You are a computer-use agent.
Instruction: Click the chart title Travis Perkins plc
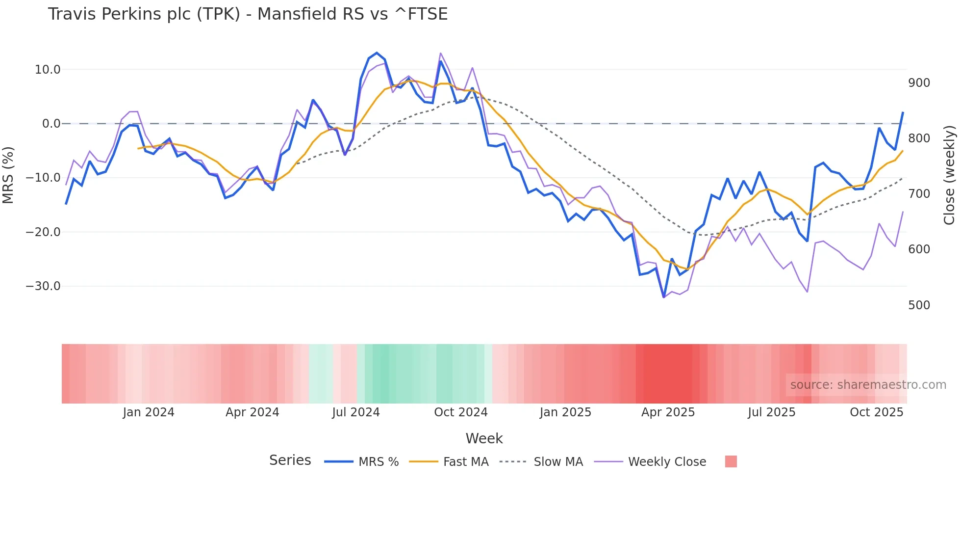[248, 14]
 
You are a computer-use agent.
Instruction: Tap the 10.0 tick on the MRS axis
[48, 70]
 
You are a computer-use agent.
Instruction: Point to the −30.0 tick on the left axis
[43, 286]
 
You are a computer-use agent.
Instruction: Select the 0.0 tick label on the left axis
[51, 124]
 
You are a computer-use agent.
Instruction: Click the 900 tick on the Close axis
[919, 83]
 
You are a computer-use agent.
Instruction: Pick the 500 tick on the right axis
[919, 305]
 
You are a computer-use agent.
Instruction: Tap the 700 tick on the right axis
[919, 194]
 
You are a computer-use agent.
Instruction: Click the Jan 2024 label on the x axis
[149, 412]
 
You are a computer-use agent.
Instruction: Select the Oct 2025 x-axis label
[876, 412]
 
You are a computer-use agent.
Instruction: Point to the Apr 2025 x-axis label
[668, 412]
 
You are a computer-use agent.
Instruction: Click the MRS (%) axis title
[8, 175]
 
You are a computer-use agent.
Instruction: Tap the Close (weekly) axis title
[950, 175]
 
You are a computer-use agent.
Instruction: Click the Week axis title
[484, 438]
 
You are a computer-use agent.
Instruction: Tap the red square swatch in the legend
[731, 461]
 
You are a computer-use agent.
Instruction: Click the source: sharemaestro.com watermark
[868, 385]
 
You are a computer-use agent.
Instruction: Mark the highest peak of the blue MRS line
[377, 53]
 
